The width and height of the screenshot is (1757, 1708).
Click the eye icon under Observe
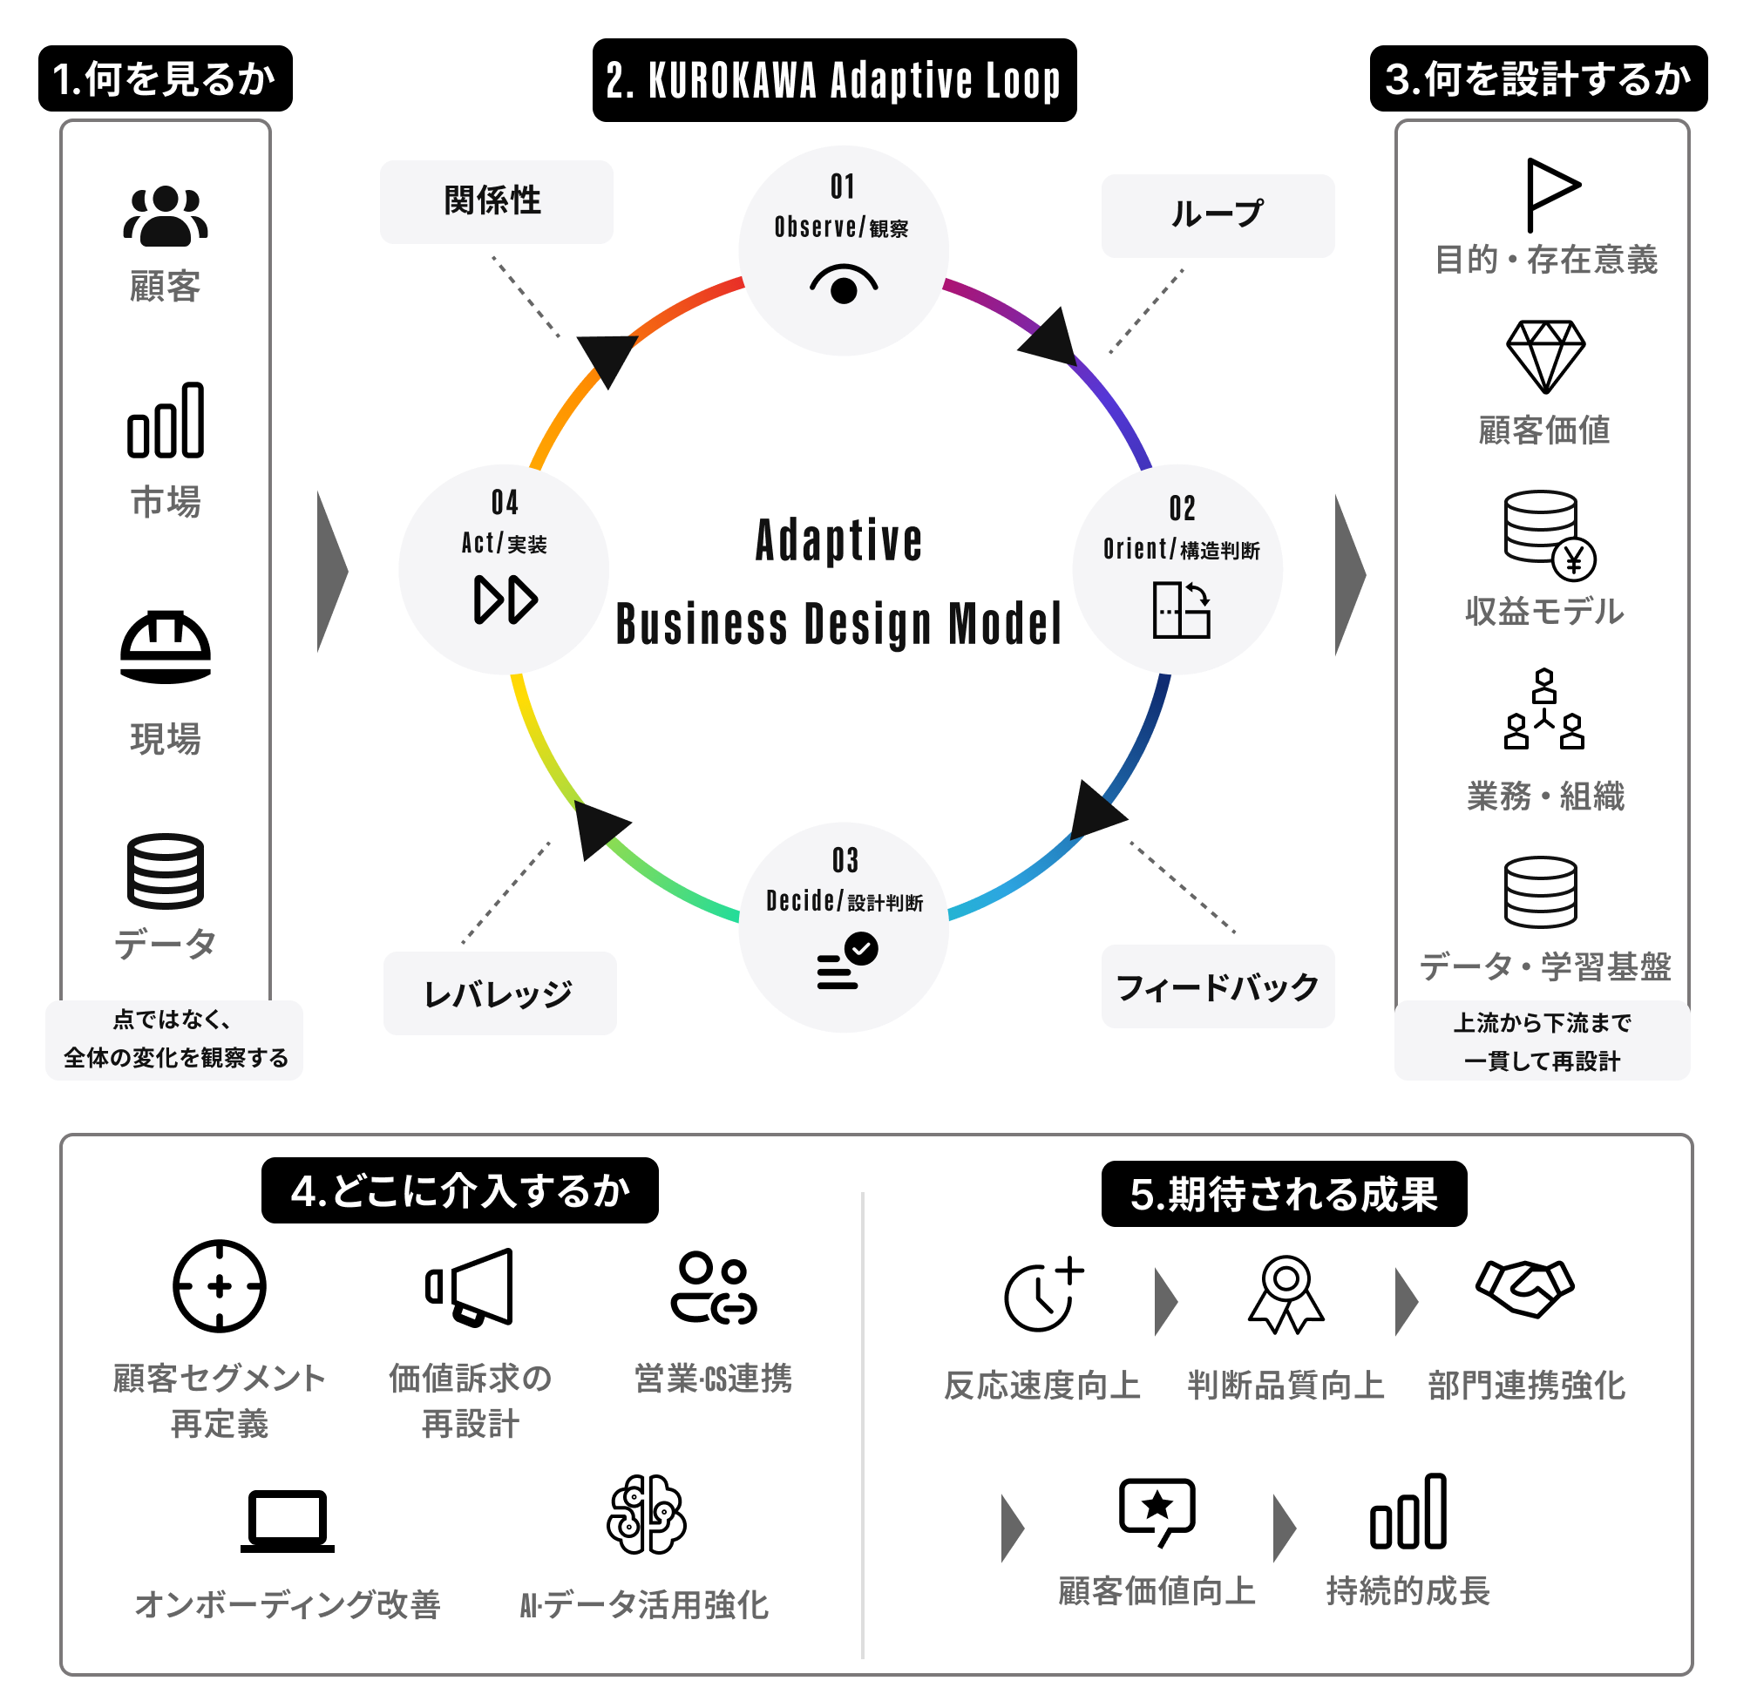pyautogui.click(x=844, y=284)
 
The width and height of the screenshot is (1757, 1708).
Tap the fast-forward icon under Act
pyautogui.click(x=505, y=600)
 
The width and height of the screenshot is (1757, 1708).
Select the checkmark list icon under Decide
pyautogui.click(x=846, y=960)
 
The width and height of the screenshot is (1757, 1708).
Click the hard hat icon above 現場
pyautogui.click(x=165, y=647)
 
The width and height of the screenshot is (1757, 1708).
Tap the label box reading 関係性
pyautogui.click(x=496, y=202)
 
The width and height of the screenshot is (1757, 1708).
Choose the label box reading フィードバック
pyautogui.click(x=1218, y=986)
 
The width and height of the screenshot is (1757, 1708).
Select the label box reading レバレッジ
pyautogui.click(x=499, y=993)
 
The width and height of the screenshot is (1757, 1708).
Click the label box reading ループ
pyautogui.click(x=1218, y=216)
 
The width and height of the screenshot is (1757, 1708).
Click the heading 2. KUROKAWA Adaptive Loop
pyautogui.click(x=835, y=80)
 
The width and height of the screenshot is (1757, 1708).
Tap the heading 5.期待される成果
pyautogui.click(x=1284, y=1194)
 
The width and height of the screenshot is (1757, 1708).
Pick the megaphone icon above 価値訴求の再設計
pyautogui.click(x=469, y=1287)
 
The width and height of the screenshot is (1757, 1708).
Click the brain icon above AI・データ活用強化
pyautogui.click(x=646, y=1515)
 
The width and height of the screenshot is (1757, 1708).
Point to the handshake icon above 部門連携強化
pyautogui.click(x=1524, y=1288)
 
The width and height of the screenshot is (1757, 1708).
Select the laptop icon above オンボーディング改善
pyautogui.click(x=287, y=1522)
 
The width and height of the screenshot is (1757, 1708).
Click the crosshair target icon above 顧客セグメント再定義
pyautogui.click(x=219, y=1286)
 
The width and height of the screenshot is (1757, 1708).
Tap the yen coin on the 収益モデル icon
pyautogui.click(x=1574, y=559)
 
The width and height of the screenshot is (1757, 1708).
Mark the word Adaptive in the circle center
pyautogui.click(x=839, y=540)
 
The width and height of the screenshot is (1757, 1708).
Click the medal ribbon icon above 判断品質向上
pyautogui.click(x=1286, y=1294)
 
